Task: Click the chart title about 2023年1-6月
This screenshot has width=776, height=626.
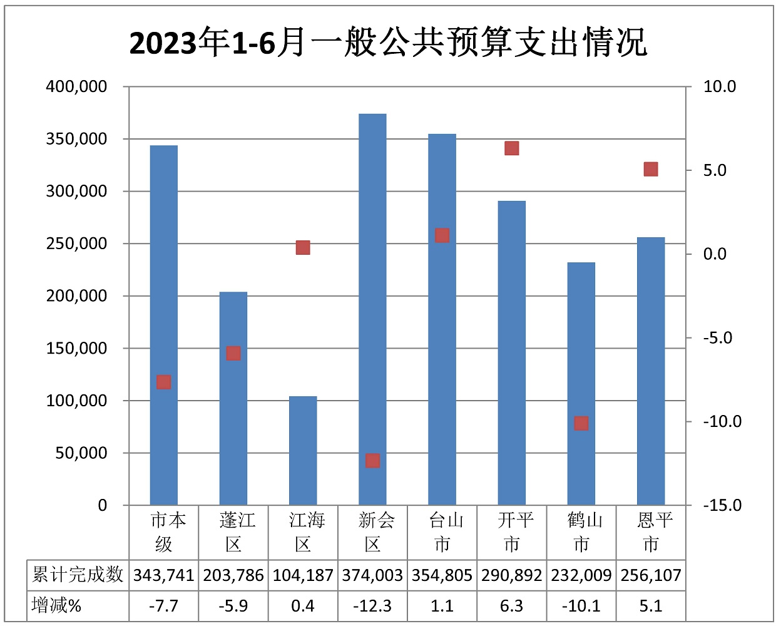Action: tap(388, 43)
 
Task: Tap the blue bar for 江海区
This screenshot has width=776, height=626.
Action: tap(303, 451)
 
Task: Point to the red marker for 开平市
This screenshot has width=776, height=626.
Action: tap(512, 148)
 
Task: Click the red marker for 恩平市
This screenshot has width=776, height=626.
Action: tap(651, 169)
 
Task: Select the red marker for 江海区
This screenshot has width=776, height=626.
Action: tap(303, 247)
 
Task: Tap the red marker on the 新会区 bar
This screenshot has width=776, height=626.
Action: tap(372, 461)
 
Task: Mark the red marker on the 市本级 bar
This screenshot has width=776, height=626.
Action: tap(164, 382)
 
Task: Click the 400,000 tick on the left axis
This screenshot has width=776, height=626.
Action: tap(76, 86)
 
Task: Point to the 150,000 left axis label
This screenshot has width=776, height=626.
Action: tap(76, 348)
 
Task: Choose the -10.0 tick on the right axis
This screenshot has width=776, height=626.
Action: tap(722, 421)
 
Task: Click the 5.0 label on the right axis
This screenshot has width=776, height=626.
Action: tap(715, 170)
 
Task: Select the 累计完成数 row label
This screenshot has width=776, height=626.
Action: tap(78, 575)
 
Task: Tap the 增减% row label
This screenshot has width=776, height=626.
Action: tap(56, 606)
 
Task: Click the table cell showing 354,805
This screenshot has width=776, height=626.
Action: tap(442, 575)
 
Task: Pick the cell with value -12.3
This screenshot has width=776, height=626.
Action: tap(372, 606)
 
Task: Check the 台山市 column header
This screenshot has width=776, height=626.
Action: tap(442, 532)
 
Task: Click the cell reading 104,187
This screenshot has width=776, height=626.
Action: tap(303, 575)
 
